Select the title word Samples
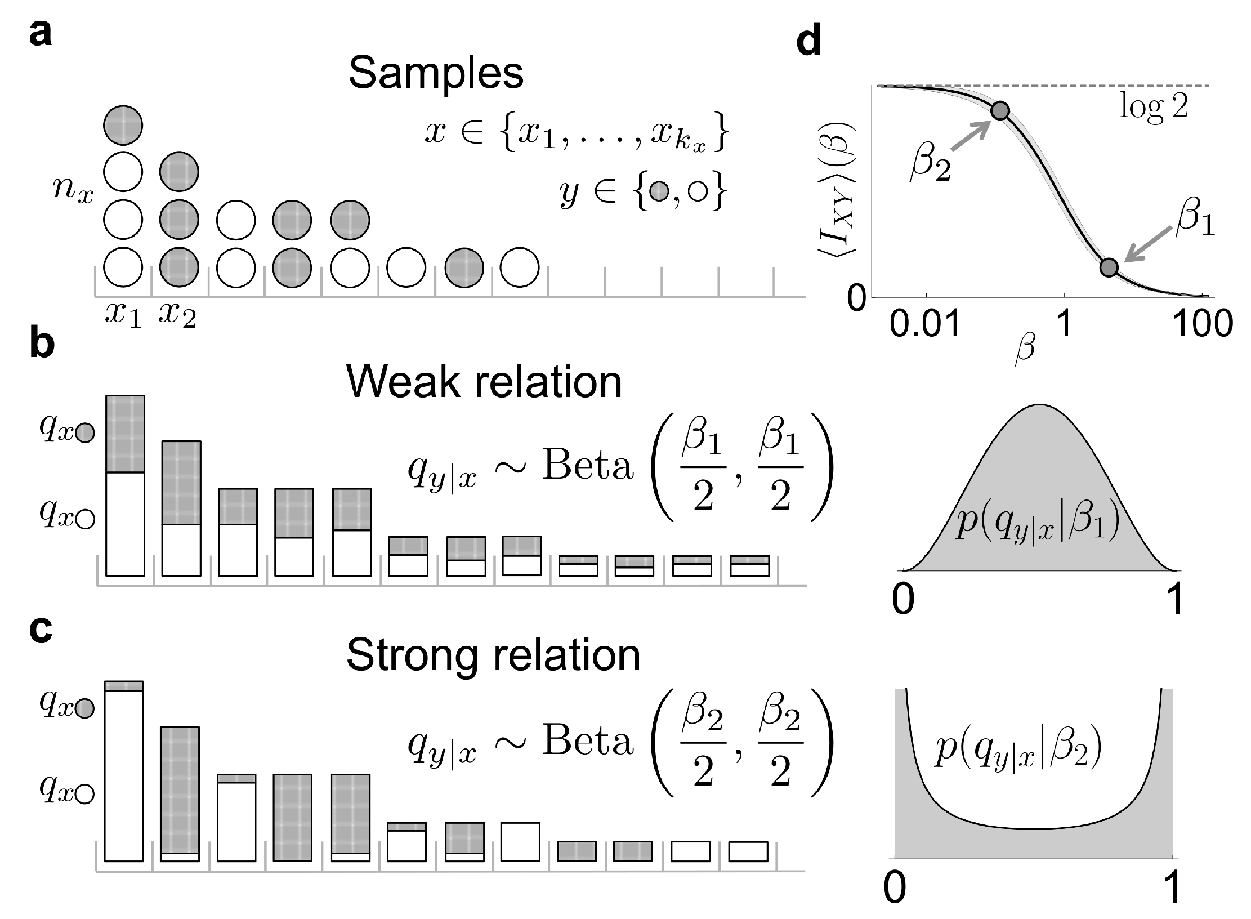[x=436, y=74]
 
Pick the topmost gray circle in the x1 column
[x=123, y=125]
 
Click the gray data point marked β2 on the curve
[x=1000, y=111]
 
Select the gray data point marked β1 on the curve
[x=1109, y=267]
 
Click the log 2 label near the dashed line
[x=1154, y=106]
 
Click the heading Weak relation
[x=484, y=382]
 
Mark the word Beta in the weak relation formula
[x=588, y=466]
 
